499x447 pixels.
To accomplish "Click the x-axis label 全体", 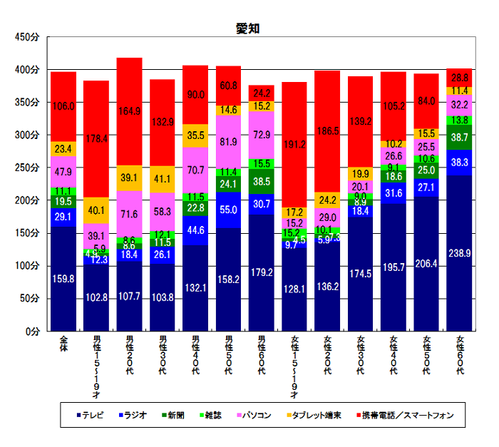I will (63, 344).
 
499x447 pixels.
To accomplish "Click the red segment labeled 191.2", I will (294, 144).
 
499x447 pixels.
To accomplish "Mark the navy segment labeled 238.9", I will (460, 253).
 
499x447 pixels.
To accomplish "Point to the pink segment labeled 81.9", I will (228, 141).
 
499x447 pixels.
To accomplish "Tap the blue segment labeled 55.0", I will (228, 210).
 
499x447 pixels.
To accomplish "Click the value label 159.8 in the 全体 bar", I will (63, 279).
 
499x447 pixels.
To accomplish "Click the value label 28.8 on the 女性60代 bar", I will (460, 78).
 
